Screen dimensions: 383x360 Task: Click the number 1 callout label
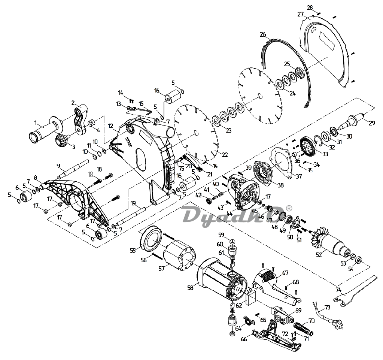tap(36, 122)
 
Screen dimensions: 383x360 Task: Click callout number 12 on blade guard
tap(111, 126)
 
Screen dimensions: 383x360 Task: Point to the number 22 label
tap(225, 154)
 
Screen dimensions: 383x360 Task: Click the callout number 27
tap(300, 14)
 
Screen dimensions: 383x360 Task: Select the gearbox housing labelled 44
tap(244, 191)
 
